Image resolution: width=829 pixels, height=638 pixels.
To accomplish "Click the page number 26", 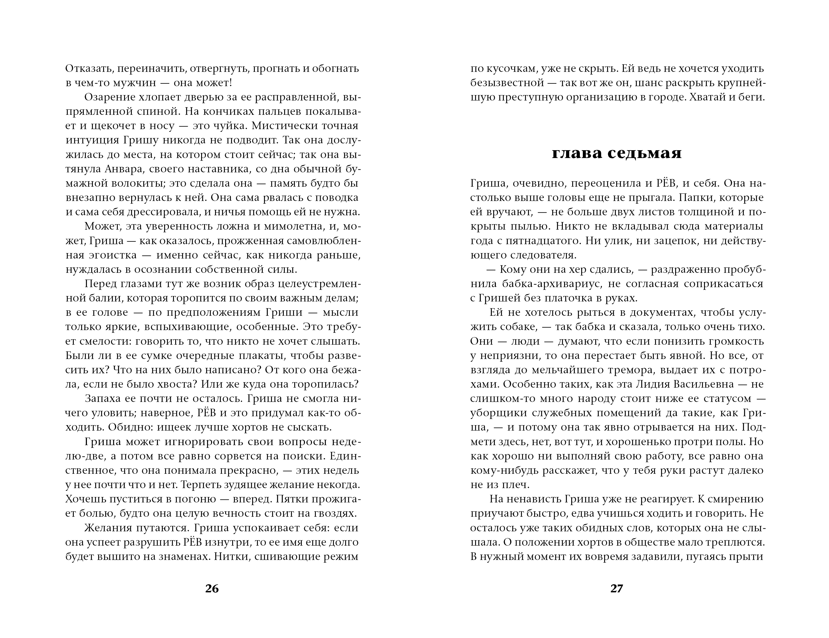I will pos(212,588).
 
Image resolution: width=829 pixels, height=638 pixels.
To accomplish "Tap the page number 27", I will pos(617,588).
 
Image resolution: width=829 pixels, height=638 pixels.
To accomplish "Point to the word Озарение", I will pos(108,97).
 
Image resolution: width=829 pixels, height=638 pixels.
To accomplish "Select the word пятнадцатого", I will pos(541,241).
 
